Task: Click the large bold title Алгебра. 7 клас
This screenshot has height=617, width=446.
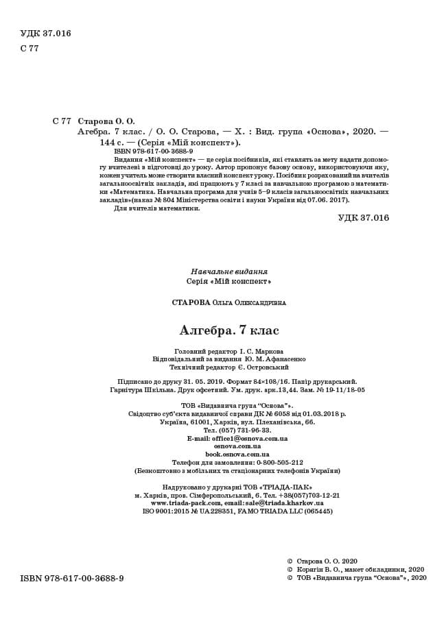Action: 229,330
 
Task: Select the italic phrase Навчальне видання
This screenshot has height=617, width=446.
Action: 229,271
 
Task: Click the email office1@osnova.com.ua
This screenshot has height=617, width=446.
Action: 237,438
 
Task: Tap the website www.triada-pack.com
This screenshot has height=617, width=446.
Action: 185,503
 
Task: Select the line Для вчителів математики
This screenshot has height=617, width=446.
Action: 156,208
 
